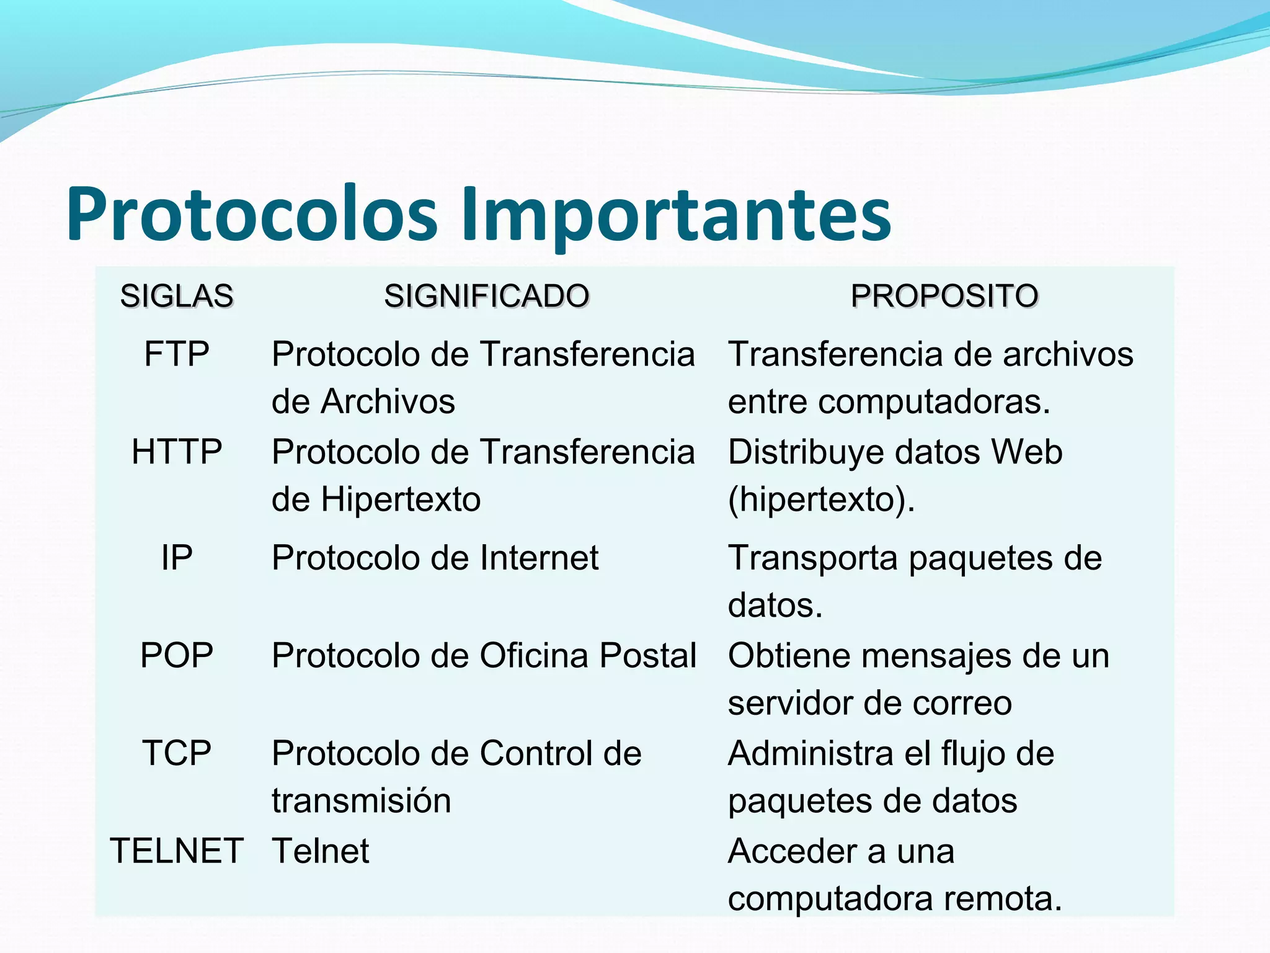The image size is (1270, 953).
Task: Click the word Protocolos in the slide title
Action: point(251,214)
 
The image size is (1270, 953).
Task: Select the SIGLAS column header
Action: point(177,296)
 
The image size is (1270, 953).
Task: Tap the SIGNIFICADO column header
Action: point(486,296)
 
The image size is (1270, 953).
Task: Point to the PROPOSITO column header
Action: point(944,296)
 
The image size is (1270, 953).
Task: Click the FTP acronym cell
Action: point(177,354)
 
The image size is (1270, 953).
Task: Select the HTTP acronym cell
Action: point(177,452)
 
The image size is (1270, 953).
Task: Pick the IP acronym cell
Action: point(177,558)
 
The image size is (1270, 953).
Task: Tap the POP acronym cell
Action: point(177,655)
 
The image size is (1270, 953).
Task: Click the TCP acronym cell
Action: point(177,753)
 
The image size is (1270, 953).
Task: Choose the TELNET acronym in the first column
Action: point(177,851)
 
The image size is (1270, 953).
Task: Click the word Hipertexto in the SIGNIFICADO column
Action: point(401,499)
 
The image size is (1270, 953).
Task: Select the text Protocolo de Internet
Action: point(435,558)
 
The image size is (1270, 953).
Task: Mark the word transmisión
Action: point(361,800)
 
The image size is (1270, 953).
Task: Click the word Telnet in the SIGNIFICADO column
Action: point(321,851)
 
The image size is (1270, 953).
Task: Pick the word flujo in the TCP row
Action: point(980,753)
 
